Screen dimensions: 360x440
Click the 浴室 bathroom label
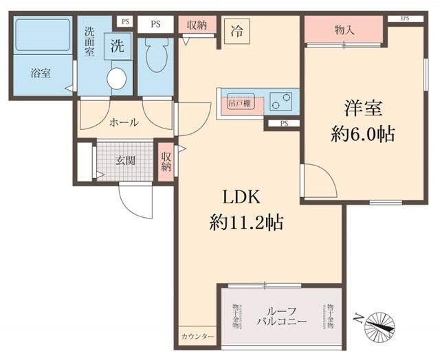(41, 74)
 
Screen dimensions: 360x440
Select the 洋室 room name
(363, 109)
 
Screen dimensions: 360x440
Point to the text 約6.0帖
(363, 135)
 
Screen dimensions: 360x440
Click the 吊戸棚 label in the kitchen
(239, 104)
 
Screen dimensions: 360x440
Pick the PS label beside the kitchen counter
(284, 124)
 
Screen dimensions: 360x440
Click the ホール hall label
(124, 122)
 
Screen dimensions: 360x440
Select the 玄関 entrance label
(124, 161)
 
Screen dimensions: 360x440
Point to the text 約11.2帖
(247, 222)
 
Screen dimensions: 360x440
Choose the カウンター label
(198, 337)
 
